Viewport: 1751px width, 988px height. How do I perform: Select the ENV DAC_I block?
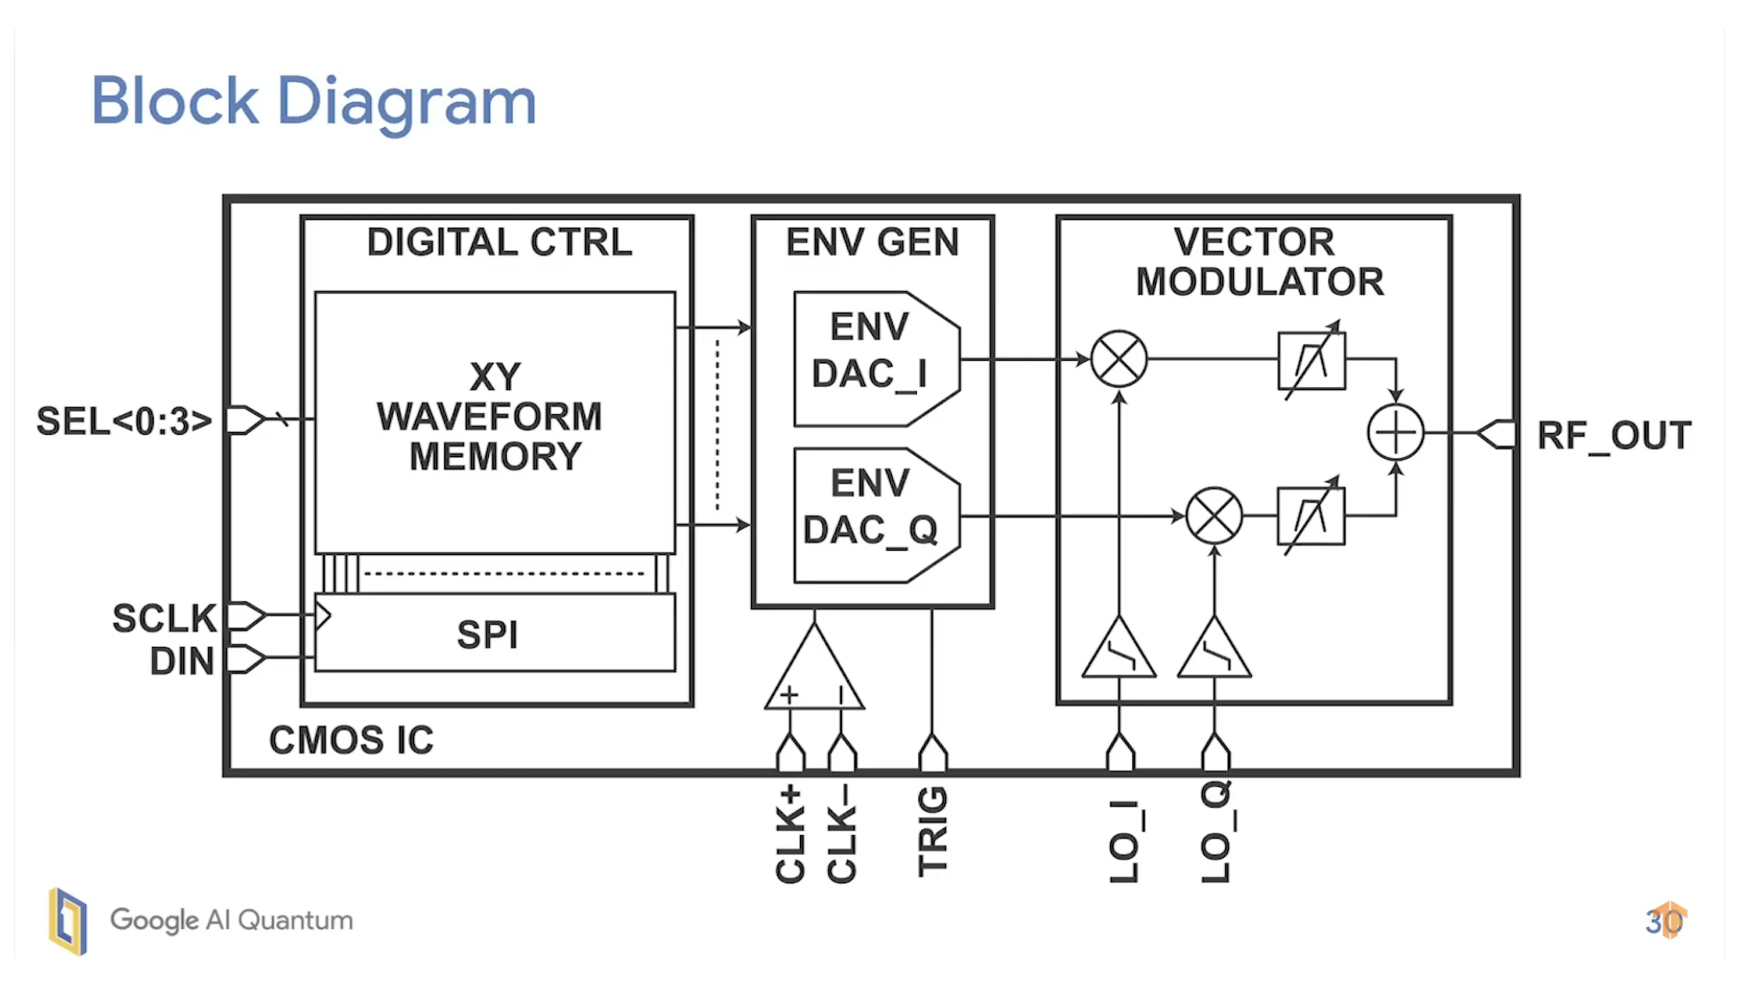click(x=872, y=358)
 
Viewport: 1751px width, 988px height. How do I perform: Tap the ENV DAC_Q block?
click(x=872, y=515)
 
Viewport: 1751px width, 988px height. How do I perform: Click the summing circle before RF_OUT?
click(x=1395, y=432)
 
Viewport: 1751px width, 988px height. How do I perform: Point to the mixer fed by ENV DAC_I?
click(x=1119, y=358)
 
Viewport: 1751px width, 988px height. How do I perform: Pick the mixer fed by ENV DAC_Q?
click(x=1213, y=515)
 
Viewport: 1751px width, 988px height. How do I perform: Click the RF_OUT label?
click(x=1614, y=436)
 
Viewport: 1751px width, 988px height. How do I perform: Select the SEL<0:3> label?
click(x=124, y=422)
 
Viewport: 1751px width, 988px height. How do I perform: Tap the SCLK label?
click(x=164, y=619)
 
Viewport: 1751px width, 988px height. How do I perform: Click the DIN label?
click(x=181, y=662)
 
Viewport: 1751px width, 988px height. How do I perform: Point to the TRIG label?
click(x=933, y=831)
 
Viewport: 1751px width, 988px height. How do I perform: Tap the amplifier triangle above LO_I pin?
click(x=1119, y=653)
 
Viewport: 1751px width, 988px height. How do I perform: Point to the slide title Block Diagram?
click(x=314, y=101)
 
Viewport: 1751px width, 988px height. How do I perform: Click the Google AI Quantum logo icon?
click(x=68, y=921)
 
